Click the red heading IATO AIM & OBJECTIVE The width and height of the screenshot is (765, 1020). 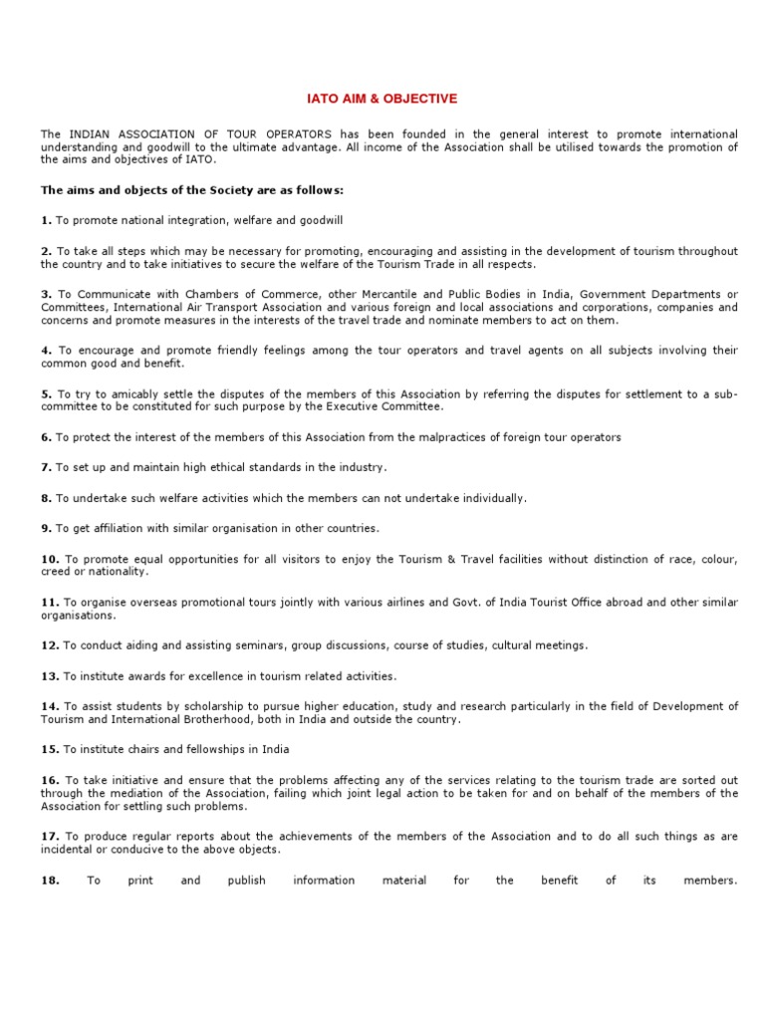(x=382, y=99)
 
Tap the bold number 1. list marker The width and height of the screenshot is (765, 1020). (x=46, y=219)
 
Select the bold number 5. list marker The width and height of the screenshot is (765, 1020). (x=46, y=393)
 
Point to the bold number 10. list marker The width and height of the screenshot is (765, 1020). (x=50, y=559)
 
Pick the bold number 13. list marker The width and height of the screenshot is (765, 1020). (x=50, y=675)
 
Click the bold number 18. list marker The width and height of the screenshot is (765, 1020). (x=50, y=880)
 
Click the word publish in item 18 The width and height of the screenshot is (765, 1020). (x=246, y=880)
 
